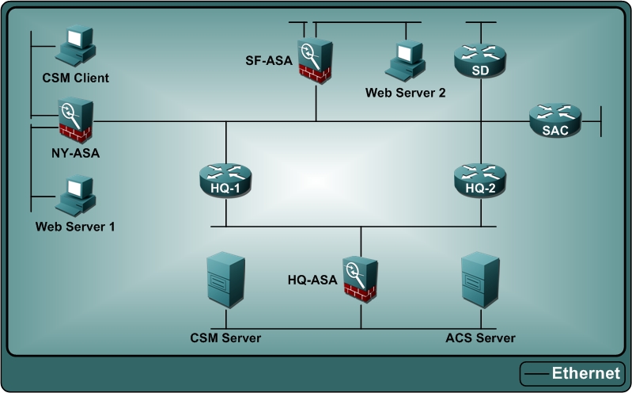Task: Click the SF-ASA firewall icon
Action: tap(315, 57)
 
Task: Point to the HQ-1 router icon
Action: tap(226, 178)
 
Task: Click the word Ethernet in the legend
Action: tap(585, 373)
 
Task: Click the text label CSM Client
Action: tap(75, 78)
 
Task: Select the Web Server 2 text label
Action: tap(405, 93)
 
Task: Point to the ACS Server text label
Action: tap(480, 338)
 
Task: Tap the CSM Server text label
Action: tap(225, 338)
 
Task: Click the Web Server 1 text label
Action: tap(75, 227)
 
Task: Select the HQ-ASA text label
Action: tap(312, 280)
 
